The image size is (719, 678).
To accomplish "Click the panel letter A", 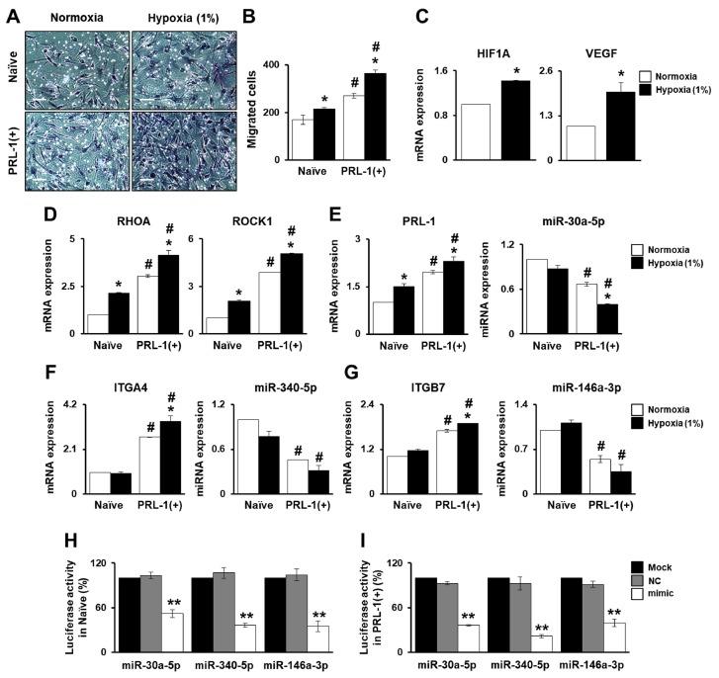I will pyautogui.click(x=13, y=16).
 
